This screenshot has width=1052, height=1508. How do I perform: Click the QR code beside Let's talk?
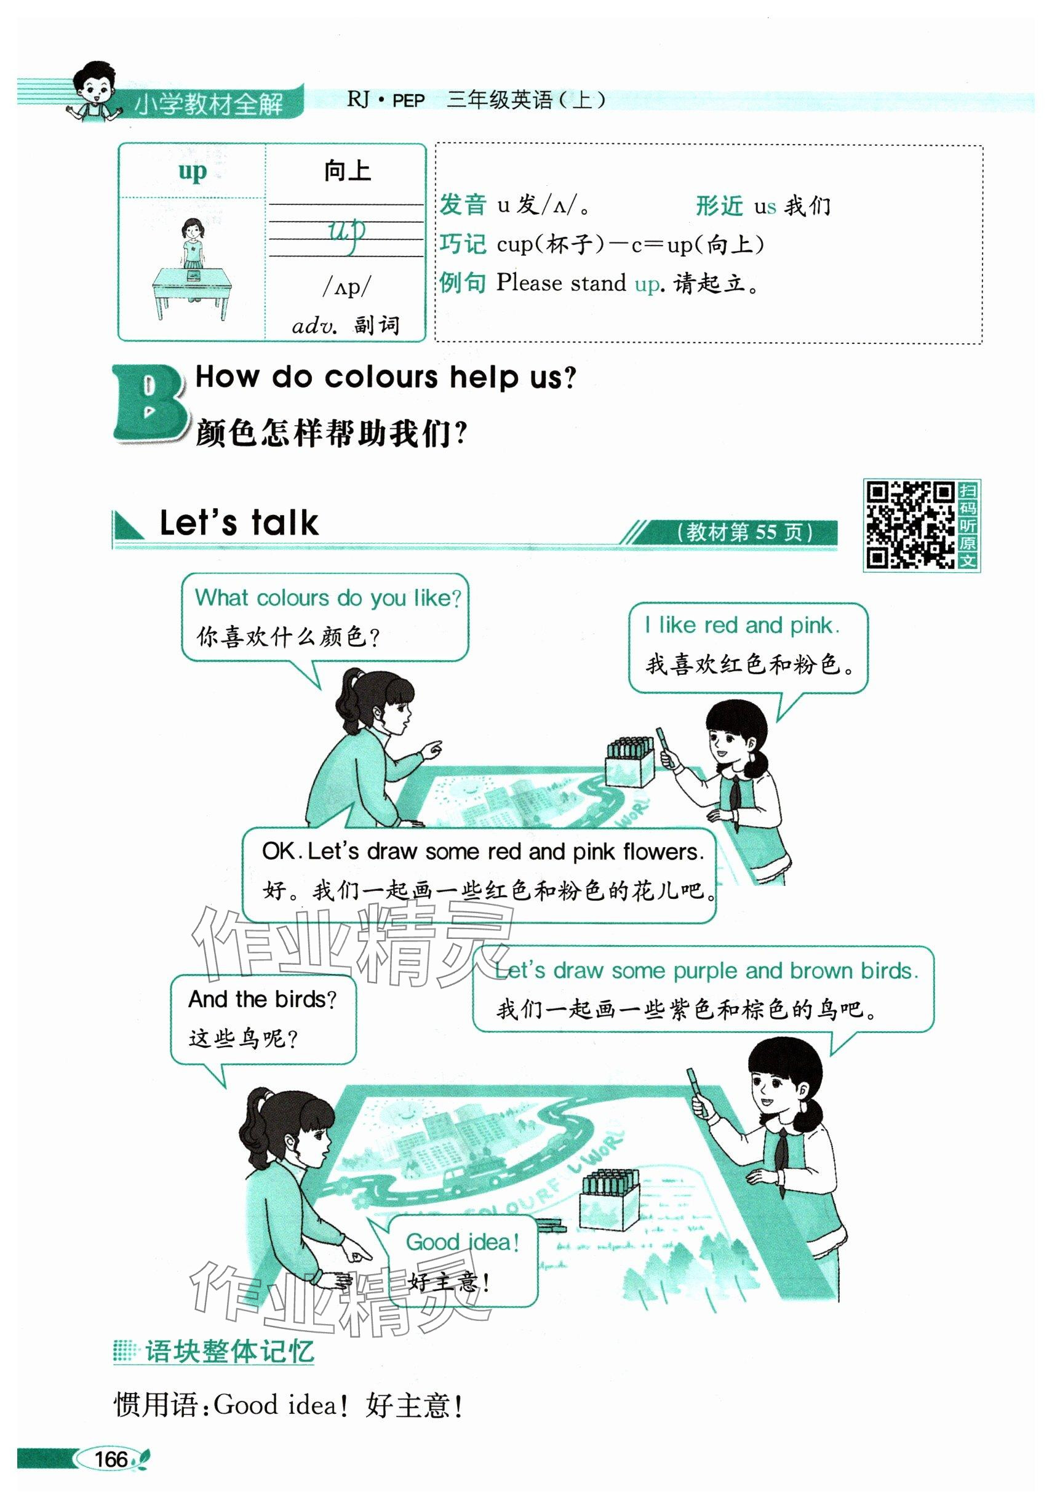point(909,525)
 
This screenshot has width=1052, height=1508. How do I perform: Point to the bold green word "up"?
point(192,172)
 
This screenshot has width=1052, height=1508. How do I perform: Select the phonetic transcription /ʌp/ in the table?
point(346,286)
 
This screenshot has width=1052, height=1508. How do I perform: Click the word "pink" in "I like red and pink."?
point(815,625)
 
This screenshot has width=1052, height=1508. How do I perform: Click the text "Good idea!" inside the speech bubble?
point(462,1242)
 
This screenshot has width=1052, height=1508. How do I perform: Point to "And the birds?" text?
point(262,1000)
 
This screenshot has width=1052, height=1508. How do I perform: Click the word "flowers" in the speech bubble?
point(663,852)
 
